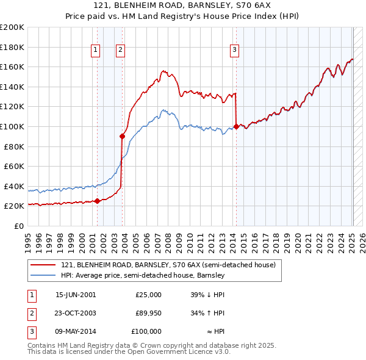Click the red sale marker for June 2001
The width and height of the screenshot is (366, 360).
pos(97,201)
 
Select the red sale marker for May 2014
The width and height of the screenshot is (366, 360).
pos(236,126)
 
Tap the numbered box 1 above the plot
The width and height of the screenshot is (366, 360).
pos(96,51)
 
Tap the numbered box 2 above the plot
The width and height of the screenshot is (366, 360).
pos(121,51)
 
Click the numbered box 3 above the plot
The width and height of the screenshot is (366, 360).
pos(235,51)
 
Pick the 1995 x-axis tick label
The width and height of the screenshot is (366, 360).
pos(27,239)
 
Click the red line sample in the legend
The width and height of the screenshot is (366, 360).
pos(44,265)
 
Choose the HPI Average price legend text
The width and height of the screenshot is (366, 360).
pos(143,275)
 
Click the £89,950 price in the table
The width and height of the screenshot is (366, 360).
pos(148,312)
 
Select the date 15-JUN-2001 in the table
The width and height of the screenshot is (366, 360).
pos(76,294)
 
